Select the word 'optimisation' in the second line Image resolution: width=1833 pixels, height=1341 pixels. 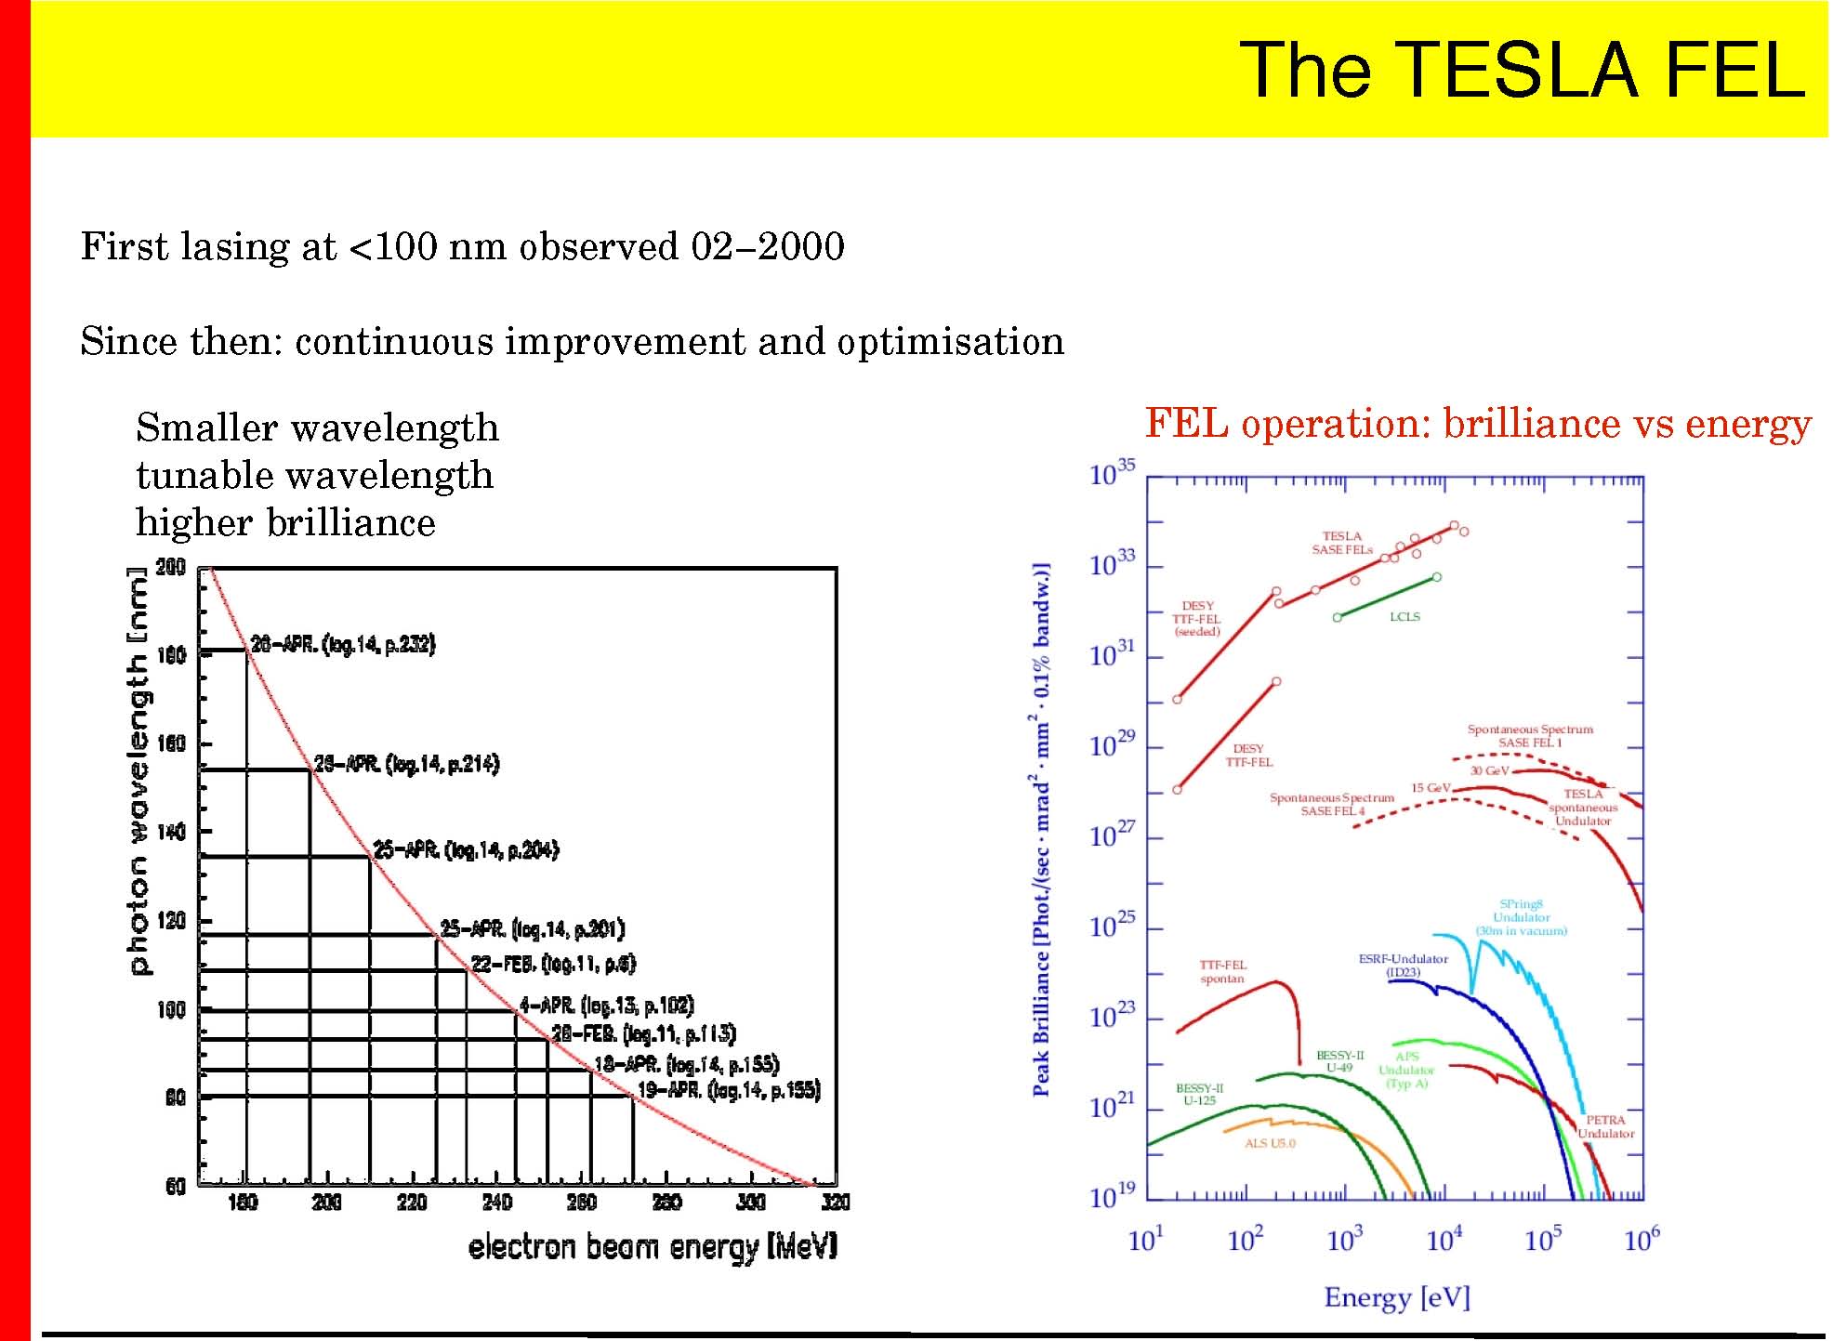(950, 342)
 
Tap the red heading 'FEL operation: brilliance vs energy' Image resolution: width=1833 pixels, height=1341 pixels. (1478, 424)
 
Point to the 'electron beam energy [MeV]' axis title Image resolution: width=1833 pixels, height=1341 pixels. (653, 1247)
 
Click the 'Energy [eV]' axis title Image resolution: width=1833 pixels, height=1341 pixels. (1397, 1297)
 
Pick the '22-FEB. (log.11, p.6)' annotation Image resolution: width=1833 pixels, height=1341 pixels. (554, 964)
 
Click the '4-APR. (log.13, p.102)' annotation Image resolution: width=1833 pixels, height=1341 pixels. (606, 1006)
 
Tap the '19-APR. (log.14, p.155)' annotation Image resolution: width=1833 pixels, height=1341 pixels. (729, 1090)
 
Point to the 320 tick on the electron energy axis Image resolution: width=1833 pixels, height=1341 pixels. (836, 1203)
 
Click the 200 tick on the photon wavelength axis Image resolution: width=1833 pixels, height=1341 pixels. (171, 567)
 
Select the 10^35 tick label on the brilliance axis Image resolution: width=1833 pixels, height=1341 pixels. (1112, 474)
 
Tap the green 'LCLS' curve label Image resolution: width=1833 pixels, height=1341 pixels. (1404, 617)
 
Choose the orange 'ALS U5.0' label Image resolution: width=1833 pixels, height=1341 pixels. (1270, 1143)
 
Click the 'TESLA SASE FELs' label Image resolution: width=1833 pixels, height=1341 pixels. (1342, 543)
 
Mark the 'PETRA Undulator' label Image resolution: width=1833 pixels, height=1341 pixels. (1605, 1126)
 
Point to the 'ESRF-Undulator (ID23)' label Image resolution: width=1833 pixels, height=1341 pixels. (1403, 966)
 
